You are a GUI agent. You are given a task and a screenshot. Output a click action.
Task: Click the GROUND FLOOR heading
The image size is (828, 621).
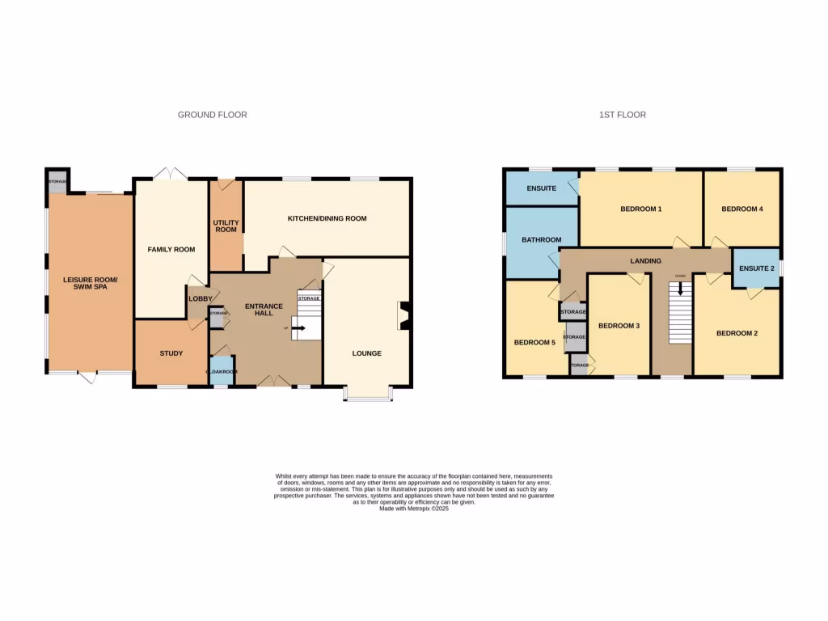(x=212, y=115)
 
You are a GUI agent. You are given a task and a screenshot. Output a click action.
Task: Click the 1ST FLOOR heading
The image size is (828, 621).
(x=622, y=115)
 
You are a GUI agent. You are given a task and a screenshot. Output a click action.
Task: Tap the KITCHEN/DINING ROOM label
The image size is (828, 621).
(x=327, y=218)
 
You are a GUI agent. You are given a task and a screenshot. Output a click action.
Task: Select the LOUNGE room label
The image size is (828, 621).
(x=366, y=353)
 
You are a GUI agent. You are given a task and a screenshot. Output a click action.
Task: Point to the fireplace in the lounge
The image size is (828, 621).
(x=403, y=316)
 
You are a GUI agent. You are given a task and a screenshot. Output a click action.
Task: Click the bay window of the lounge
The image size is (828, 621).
(x=368, y=394)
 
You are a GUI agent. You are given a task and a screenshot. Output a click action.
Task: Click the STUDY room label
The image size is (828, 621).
(x=171, y=353)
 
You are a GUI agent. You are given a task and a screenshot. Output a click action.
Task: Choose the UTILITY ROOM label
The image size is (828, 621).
(x=225, y=226)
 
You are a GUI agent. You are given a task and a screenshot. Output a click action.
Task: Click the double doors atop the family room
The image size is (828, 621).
(x=170, y=174)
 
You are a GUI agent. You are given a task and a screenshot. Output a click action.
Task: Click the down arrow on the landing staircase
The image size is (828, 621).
(x=680, y=288)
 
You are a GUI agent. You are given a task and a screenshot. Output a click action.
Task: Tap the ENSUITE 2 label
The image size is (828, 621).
(x=756, y=268)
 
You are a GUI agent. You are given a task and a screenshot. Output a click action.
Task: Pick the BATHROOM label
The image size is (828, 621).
(x=541, y=240)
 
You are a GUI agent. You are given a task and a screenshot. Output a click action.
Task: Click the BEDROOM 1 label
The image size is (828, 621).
(x=640, y=209)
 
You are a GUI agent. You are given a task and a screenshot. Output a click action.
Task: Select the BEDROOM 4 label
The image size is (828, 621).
(x=741, y=209)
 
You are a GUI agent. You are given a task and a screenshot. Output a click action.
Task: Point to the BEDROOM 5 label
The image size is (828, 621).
(x=534, y=342)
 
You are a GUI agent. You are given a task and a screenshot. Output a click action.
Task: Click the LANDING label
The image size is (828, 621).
(x=645, y=260)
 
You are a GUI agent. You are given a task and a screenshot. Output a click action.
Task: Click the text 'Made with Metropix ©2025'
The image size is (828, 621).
(x=413, y=509)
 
